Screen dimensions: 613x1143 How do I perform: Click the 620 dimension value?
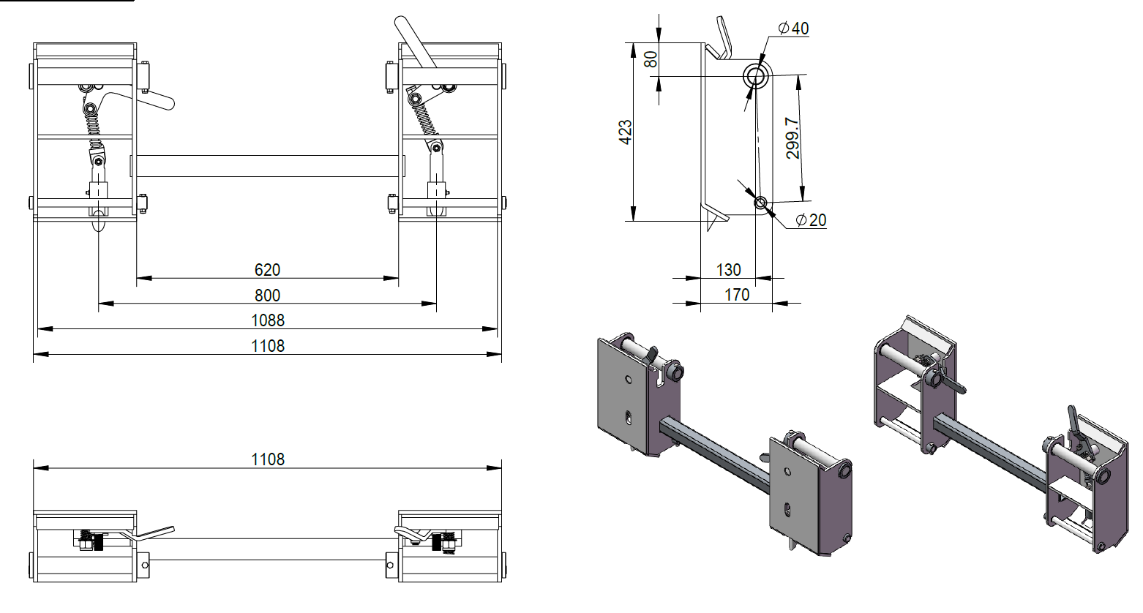click(267, 270)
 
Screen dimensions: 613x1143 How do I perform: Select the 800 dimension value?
click(267, 296)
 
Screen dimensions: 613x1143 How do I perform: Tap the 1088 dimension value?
click(267, 320)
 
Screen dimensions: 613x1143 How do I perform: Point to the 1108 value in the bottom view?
click(267, 459)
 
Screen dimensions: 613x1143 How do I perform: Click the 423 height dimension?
click(626, 132)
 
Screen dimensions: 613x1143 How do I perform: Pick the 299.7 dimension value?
click(792, 138)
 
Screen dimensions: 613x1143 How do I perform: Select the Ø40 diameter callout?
click(793, 29)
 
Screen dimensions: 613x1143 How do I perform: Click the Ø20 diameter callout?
click(809, 219)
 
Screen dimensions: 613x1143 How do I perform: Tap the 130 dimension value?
click(728, 270)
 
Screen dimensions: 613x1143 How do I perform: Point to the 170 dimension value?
click(737, 295)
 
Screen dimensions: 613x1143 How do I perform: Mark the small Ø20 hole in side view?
click(760, 202)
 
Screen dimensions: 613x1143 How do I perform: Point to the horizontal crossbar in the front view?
click(267, 165)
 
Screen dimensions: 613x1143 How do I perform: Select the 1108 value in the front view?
click(267, 346)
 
